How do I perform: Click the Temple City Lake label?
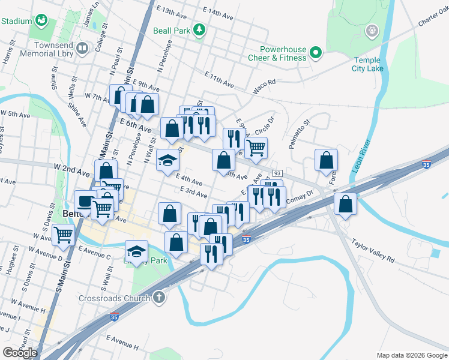(367, 64)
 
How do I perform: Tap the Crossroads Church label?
(115, 298)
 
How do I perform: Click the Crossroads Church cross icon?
(159, 297)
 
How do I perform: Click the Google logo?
(20, 353)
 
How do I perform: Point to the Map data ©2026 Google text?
(411, 355)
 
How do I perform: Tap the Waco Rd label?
(264, 82)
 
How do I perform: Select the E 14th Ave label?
(217, 13)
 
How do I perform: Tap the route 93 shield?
(277, 173)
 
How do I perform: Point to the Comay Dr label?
(301, 197)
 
